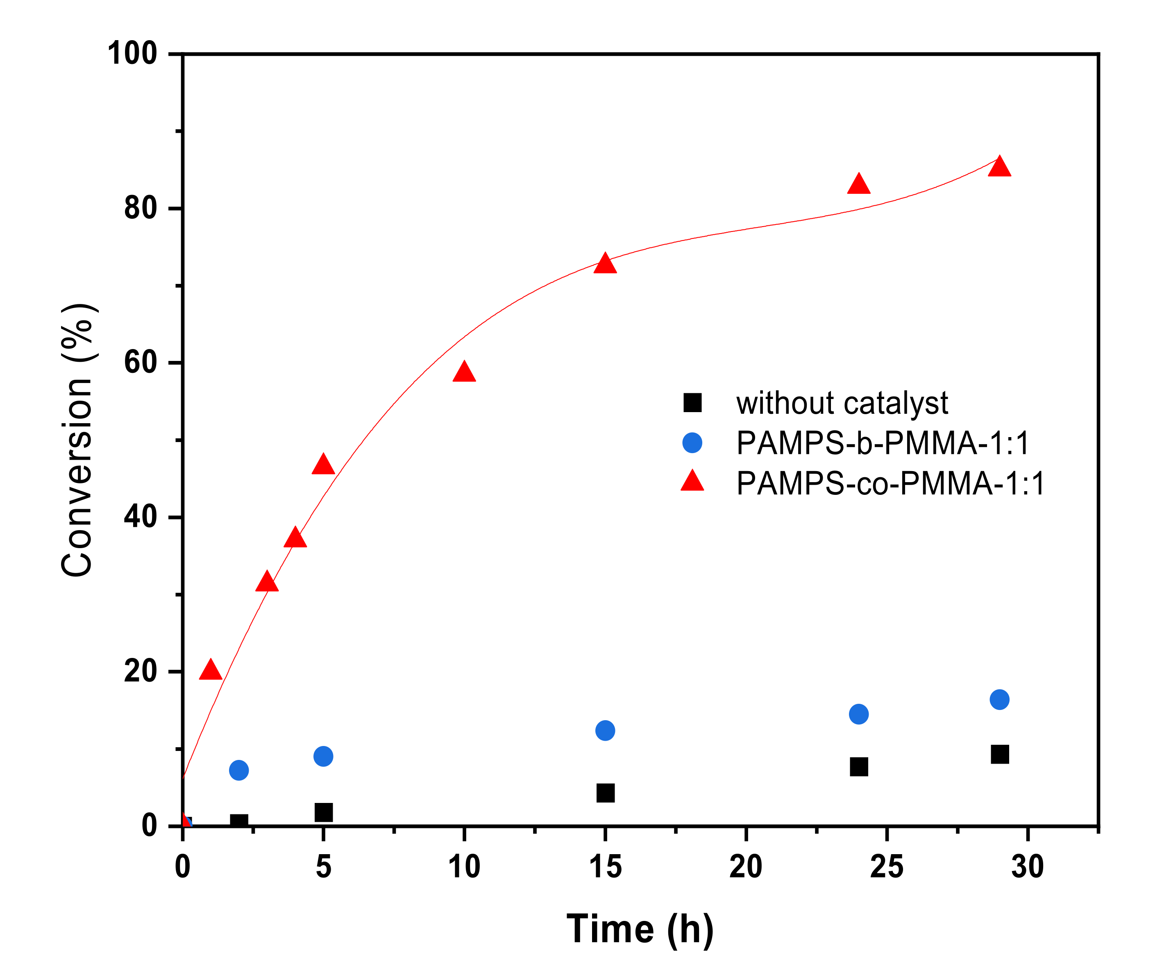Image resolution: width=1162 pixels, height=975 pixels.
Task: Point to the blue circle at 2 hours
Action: coord(239,770)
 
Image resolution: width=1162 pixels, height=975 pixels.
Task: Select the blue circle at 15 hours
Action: coord(605,730)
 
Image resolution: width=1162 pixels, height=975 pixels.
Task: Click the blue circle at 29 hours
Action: coord(1000,699)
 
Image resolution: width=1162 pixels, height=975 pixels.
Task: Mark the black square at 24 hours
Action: coord(859,767)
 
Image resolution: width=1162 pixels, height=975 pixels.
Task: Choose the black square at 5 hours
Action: coord(324,812)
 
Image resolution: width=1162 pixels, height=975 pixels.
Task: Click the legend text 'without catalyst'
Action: coord(842,403)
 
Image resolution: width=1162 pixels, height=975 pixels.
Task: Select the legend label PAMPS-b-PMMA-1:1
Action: coord(883,443)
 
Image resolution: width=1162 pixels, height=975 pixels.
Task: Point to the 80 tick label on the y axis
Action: coord(141,209)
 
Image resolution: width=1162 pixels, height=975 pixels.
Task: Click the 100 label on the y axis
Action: coord(133,54)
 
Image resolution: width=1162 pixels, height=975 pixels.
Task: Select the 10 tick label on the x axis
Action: coord(464,867)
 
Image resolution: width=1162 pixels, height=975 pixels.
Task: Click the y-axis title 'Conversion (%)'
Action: coord(77,440)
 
